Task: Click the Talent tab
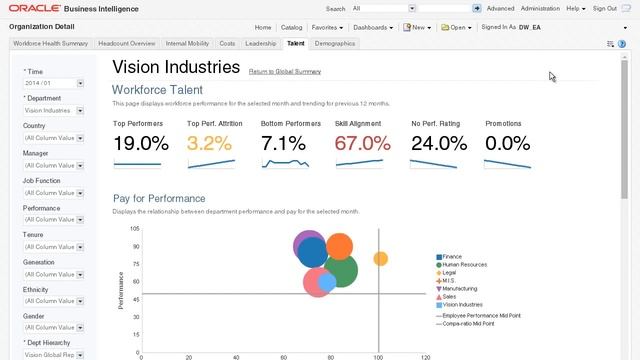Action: (x=295, y=44)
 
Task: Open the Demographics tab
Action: (x=334, y=44)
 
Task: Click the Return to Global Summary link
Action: (x=284, y=72)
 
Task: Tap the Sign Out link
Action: (x=604, y=8)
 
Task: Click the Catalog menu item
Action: (x=291, y=27)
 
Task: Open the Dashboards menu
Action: (x=373, y=27)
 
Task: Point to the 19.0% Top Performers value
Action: (x=140, y=143)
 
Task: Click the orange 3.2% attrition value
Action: (x=209, y=143)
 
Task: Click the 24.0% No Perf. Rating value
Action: (x=438, y=143)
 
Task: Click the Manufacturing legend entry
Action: (x=459, y=288)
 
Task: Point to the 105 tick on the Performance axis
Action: (x=134, y=229)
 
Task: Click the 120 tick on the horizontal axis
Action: (x=425, y=356)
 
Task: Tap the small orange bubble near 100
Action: (x=380, y=259)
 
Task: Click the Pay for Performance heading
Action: (x=159, y=198)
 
